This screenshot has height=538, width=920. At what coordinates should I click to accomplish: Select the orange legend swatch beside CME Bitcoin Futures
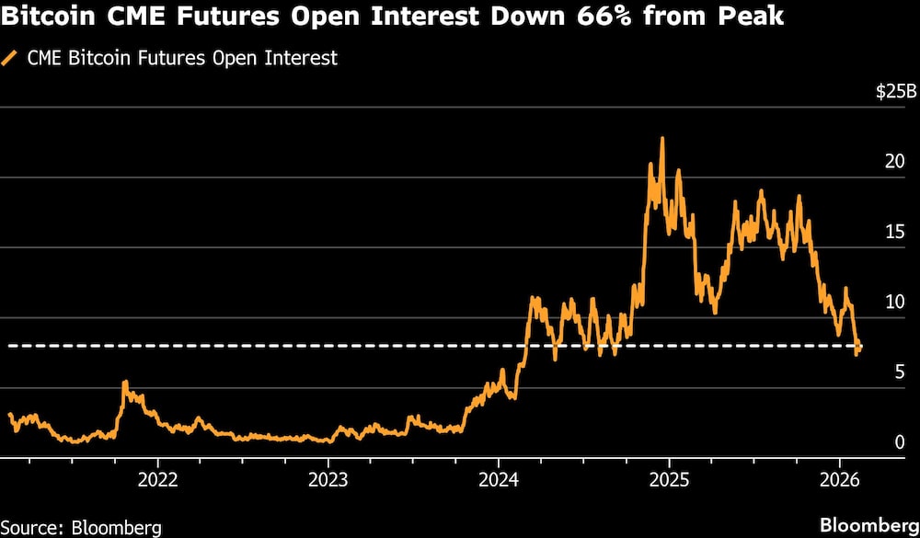tap(10, 58)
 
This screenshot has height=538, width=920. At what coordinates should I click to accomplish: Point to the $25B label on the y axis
tap(896, 92)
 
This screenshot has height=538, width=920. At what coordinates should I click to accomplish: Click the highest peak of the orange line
tap(661, 139)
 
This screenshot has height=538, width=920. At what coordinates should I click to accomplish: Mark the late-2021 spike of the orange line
tap(125, 383)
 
